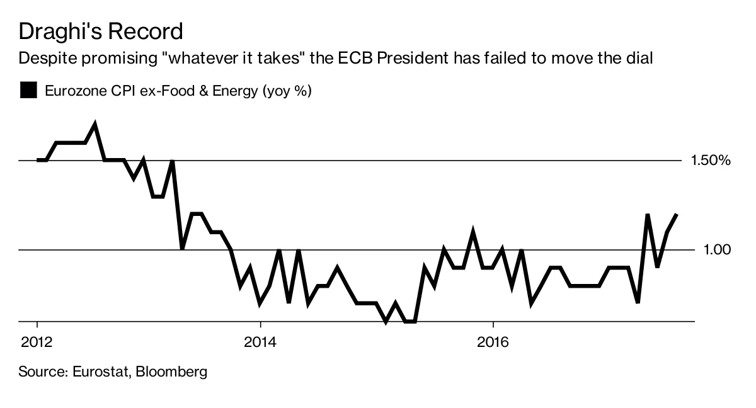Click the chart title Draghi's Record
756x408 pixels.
(x=101, y=31)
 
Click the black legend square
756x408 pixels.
(x=28, y=91)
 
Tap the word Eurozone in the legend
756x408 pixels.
(x=73, y=91)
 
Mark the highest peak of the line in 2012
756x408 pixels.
(x=94, y=124)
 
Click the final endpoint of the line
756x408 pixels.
(x=677, y=215)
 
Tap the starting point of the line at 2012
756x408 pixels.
(x=38, y=160)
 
